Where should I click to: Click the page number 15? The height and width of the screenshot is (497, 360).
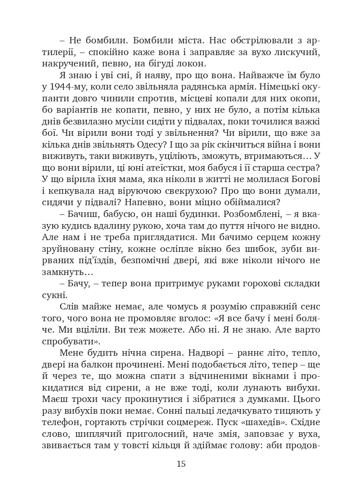click(x=181, y=464)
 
